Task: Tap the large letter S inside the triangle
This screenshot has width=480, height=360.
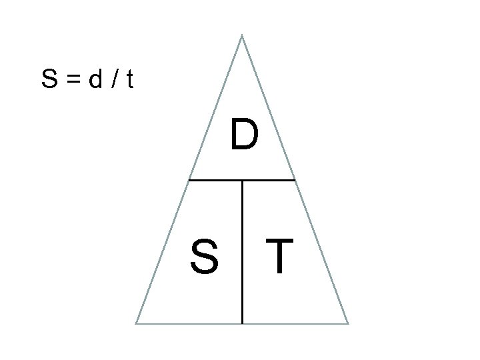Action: [204, 257]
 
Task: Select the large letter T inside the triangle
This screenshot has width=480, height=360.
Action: [279, 257]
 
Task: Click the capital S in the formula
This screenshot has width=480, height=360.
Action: [48, 81]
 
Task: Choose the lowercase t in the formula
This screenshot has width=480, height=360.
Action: [129, 81]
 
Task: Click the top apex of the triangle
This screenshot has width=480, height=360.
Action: [241, 35]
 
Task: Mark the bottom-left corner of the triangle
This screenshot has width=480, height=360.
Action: [136, 323]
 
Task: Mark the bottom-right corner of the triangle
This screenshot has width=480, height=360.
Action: [348, 323]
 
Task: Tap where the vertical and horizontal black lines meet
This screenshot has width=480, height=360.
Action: [242, 179]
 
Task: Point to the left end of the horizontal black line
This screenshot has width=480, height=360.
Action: [189, 179]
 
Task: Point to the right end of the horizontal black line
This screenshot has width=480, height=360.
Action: [295, 179]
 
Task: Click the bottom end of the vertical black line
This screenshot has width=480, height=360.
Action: [242, 323]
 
